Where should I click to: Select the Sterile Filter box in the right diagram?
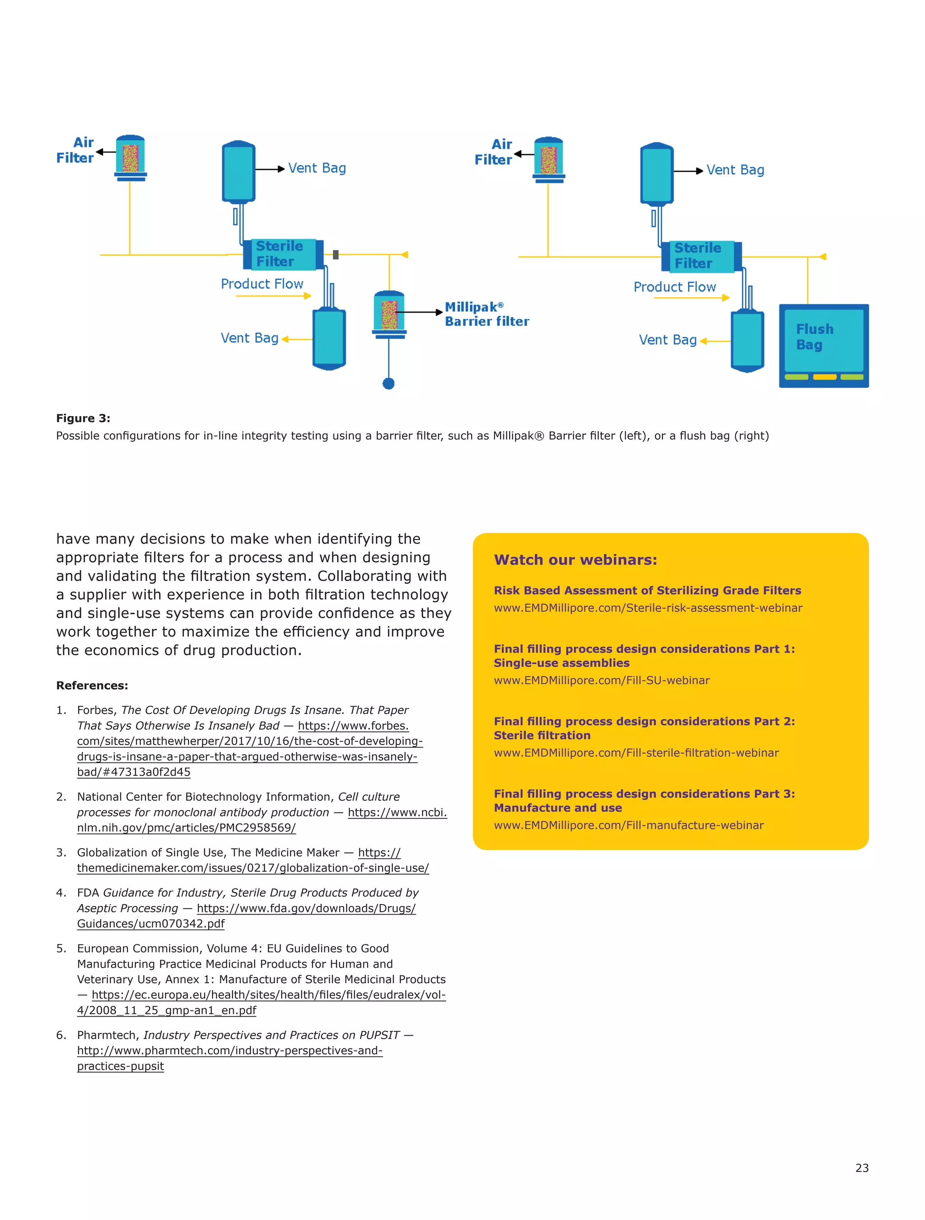pyautogui.click(x=701, y=256)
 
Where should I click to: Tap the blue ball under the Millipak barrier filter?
pyautogui.click(x=388, y=383)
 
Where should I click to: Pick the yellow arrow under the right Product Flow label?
pyautogui.click(x=691, y=298)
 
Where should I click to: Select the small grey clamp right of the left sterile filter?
pyautogui.click(x=335, y=254)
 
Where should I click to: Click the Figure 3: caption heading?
pyautogui.click(x=83, y=418)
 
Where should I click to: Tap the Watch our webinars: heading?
pyautogui.click(x=575, y=559)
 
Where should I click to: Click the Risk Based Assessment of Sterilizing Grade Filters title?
pyautogui.click(x=647, y=590)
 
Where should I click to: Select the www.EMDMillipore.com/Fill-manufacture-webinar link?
pyautogui.click(x=628, y=825)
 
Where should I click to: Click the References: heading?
pyautogui.click(x=92, y=685)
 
